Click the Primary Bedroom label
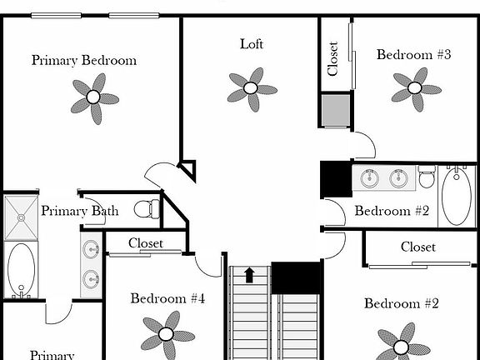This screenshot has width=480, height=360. [84, 60]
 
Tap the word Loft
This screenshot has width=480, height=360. [252, 44]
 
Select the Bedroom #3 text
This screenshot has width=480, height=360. [413, 55]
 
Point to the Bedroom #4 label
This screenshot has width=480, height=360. [167, 298]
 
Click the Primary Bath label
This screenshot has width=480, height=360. [79, 211]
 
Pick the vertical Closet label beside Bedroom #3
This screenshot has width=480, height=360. [333, 58]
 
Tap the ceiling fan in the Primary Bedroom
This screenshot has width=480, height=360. [93, 96]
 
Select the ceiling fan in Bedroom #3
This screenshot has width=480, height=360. [415, 87]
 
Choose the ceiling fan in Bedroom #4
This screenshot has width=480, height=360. [167, 333]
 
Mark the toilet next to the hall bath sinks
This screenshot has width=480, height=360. [427, 177]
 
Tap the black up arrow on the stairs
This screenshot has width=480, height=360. [248, 274]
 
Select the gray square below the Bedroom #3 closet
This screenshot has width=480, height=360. [336, 110]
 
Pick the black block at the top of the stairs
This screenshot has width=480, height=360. [297, 277]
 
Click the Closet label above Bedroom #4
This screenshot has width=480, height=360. [146, 243]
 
